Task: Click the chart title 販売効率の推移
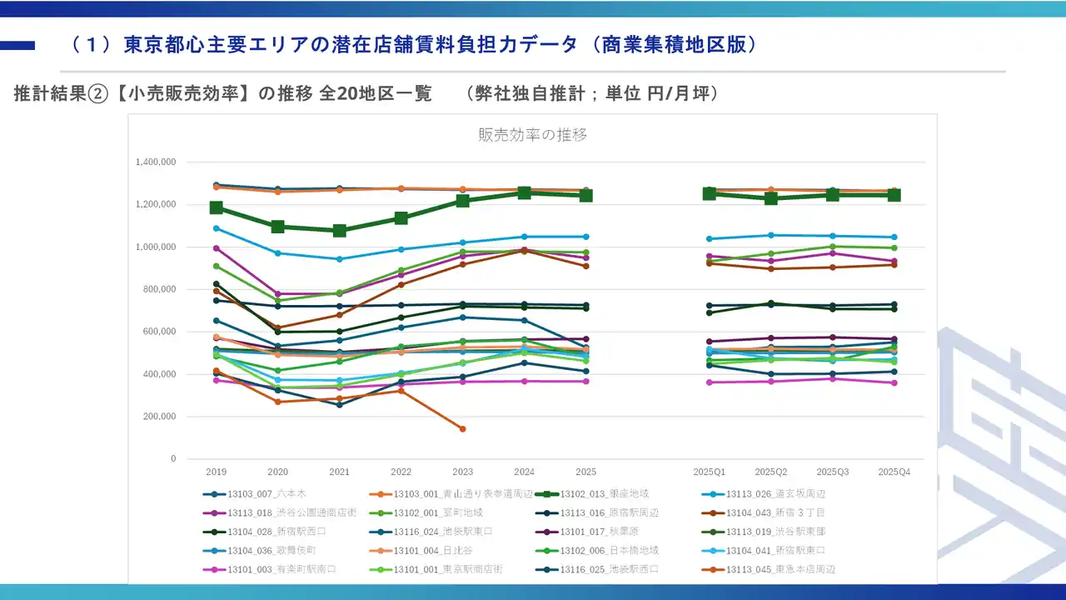point(533,135)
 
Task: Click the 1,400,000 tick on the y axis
point(156,162)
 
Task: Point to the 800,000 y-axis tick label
point(159,289)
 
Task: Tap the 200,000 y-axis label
point(159,417)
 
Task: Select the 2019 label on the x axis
point(216,472)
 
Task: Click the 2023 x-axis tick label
point(462,472)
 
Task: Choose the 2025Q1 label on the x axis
point(709,472)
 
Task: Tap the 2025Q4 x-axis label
point(894,472)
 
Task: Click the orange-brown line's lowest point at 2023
point(462,429)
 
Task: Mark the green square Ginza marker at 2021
point(339,231)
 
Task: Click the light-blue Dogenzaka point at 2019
point(217,228)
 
